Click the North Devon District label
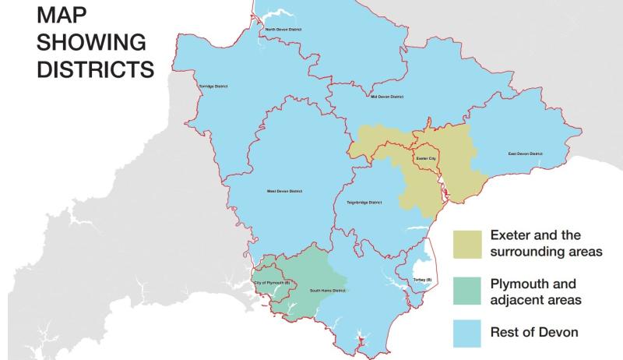coord(283,30)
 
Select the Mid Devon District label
coord(387,97)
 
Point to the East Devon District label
coord(526,154)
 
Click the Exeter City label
coord(427,158)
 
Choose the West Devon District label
coord(284,191)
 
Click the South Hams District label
coord(327,291)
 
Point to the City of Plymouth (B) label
coord(272,282)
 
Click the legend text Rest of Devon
coord(535,333)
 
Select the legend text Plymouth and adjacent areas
coord(537,290)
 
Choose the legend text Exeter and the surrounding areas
coord(546,243)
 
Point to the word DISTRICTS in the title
coord(97,68)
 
